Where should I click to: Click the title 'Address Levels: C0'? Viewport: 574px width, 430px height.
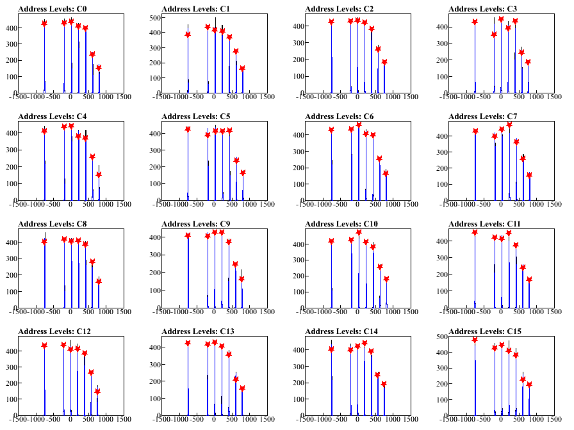pos(53,9)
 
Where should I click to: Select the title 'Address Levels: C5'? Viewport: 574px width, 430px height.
pos(196,116)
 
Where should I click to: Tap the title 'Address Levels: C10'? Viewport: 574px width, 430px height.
pos(341,224)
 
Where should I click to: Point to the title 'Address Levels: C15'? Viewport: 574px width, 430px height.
pos(485,331)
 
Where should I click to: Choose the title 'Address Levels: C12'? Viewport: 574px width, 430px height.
pos(54,331)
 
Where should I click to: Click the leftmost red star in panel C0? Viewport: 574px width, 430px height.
pos(44,24)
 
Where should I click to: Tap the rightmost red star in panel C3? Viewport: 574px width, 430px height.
pos(528,62)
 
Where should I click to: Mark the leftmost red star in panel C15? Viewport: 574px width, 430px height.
pos(475,339)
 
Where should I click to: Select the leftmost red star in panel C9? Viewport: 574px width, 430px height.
pos(188,235)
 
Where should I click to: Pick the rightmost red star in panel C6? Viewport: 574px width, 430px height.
pos(385,173)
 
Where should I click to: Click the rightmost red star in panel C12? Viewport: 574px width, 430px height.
pos(97,392)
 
